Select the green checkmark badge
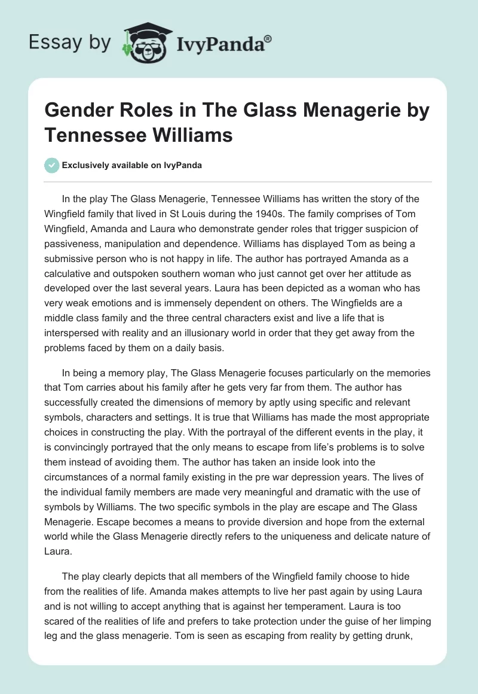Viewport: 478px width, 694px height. click(x=51, y=165)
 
